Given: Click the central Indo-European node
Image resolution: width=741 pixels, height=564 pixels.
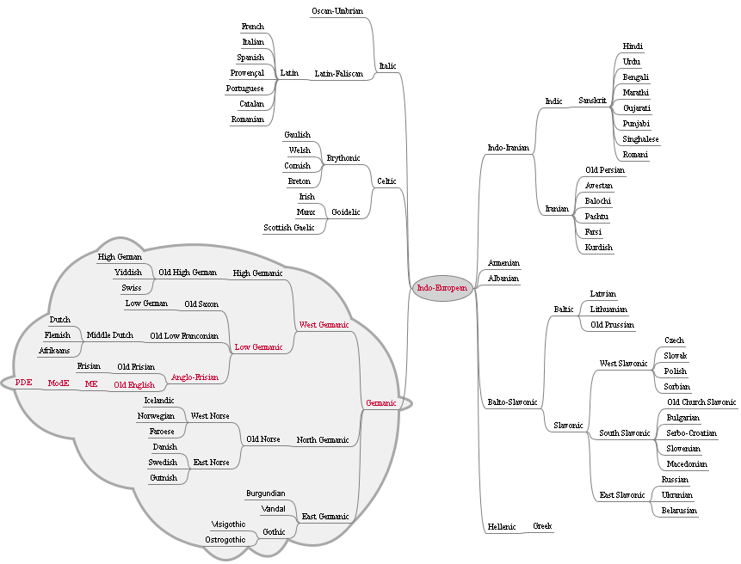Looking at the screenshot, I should [x=442, y=289].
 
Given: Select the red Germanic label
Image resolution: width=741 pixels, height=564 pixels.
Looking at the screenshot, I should [x=380, y=403].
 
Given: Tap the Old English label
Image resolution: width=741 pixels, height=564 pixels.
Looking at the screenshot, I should [x=134, y=384].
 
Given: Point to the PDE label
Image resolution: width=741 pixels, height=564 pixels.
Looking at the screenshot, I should [x=23, y=383].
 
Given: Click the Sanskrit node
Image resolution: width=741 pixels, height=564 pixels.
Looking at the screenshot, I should [x=592, y=101].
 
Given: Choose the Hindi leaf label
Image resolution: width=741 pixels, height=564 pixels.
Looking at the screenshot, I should [x=633, y=46].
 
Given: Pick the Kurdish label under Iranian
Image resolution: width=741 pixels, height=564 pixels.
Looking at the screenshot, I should [x=598, y=248].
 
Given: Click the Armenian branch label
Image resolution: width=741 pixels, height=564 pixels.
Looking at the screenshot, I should [x=503, y=263].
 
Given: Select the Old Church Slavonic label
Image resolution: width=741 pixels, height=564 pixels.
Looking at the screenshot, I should [x=701, y=402].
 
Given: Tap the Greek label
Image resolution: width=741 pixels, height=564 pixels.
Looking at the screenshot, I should [x=542, y=526].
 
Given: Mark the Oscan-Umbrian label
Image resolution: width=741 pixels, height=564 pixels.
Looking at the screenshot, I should [x=337, y=11].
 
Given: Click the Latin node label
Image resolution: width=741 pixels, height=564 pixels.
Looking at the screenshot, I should [x=289, y=73].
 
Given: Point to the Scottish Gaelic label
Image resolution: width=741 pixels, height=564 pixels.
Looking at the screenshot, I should [x=289, y=228].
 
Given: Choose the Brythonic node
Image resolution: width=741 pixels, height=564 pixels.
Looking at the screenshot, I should [x=343, y=158].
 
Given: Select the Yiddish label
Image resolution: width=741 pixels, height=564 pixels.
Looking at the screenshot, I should [x=128, y=273].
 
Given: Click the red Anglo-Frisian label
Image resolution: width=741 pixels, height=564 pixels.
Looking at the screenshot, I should [x=192, y=377].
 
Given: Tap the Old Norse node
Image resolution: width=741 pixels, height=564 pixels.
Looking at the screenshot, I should [x=263, y=439].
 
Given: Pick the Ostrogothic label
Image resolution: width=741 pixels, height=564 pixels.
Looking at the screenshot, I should [x=225, y=540].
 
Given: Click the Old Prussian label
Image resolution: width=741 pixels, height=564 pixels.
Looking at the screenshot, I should [x=612, y=325].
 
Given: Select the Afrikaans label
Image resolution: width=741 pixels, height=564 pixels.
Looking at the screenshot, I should [x=53, y=351].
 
